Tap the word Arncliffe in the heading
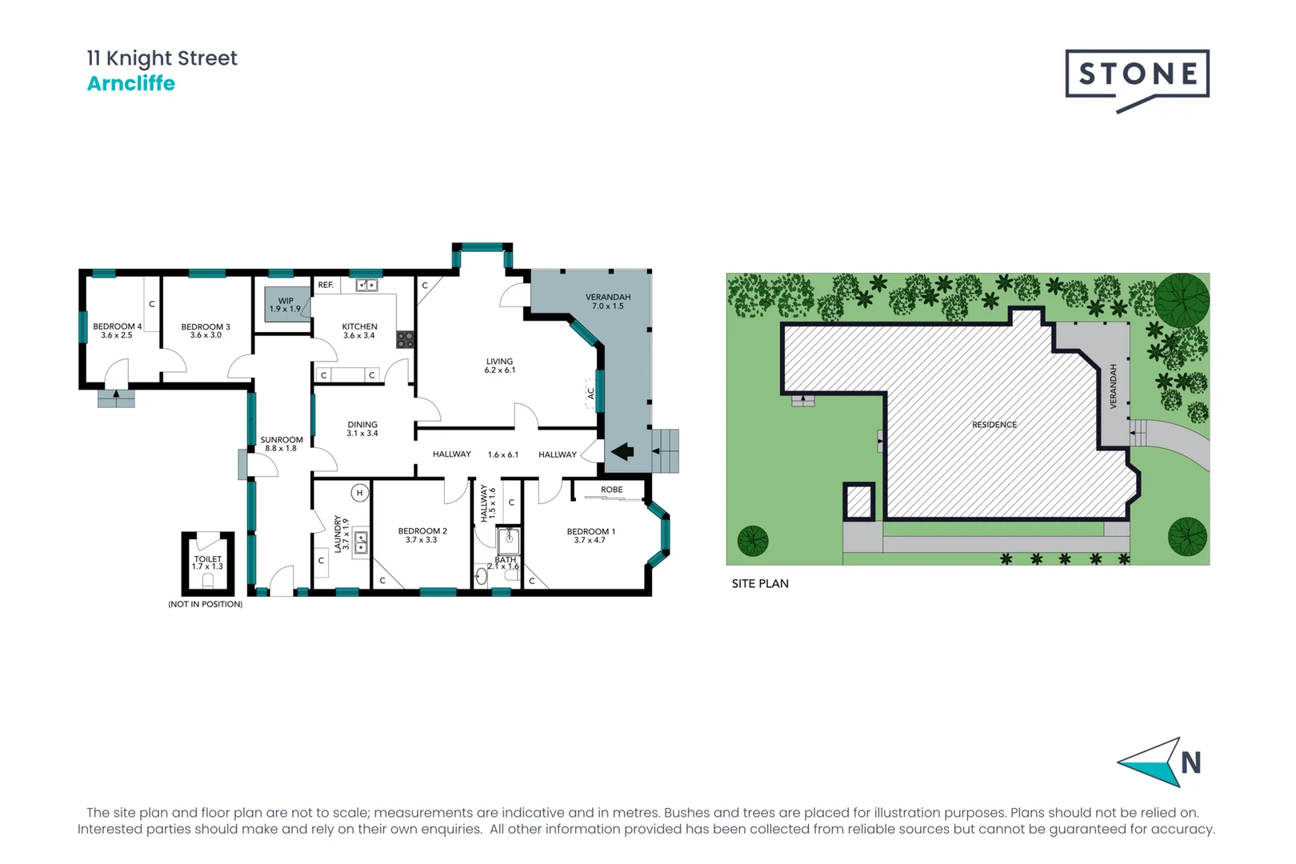pyautogui.click(x=130, y=83)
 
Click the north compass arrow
pyautogui.click(x=1150, y=762)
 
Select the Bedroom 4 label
pyautogui.click(x=117, y=330)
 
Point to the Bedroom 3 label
pyautogui.click(x=206, y=330)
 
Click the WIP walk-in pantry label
pyautogui.click(x=286, y=305)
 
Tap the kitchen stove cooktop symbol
pyautogui.click(x=406, y=339)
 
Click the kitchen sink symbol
pyautogui.click(x=366, y=285)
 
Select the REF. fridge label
pyautogui.click(x=326, y=285)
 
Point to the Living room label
pyautogui.click(x=499, y=366)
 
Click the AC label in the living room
pyautogui.click(x=591, y=394)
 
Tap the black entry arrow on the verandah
pyautogui.click(x=622, y=452)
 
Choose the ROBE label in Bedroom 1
pyautogui.click(x=611, y=490)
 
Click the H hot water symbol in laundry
pyautogui.click(x=360, y=493)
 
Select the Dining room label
pyautogui.click(x=362, y=429)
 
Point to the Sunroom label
pyautogui.click(x=282, y=444)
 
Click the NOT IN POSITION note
pyautogui.click(x=205, y=604)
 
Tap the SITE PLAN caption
pyautogui.click(x=760, y=584)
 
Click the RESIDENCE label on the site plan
pyautogui.click(x=994, y=425)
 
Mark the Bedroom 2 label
pyautogui.click(x=422, y=535)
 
